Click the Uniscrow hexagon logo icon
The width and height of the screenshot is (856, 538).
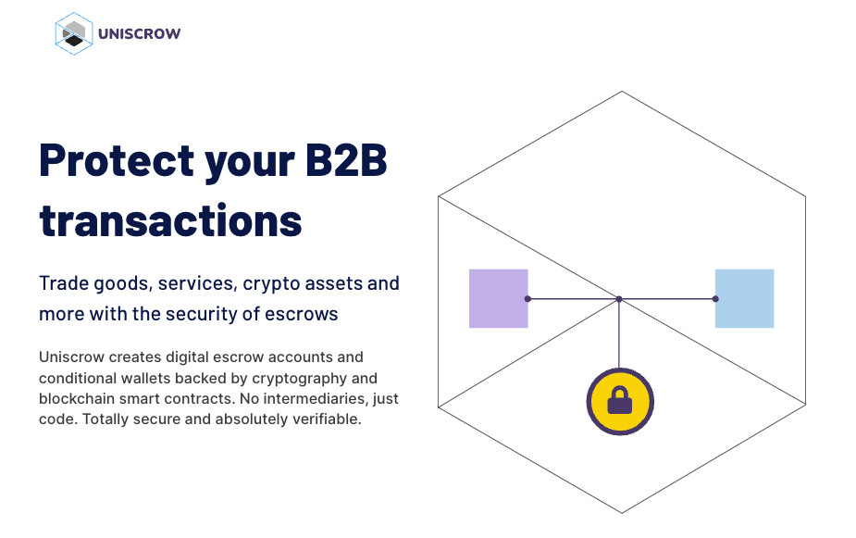[74, 34]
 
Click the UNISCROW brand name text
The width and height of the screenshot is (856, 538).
[139, 34]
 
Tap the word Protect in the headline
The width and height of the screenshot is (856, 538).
[117, 160]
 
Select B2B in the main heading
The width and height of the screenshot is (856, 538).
[346, 160]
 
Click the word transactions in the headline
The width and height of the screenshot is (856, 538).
[170, 220]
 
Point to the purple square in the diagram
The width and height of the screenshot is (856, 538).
[499, 298]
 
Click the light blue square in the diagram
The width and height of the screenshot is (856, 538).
[745, 298]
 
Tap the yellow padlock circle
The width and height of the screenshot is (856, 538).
[620, 402]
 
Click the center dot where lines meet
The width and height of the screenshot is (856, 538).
[619, 299]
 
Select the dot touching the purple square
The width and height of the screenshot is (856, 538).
[527, 299]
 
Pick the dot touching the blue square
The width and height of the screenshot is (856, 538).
[715, 299]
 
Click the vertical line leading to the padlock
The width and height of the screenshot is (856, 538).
[619, 333]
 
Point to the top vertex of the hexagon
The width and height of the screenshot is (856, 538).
[622, 92]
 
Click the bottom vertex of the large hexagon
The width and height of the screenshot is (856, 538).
[622, 512]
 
